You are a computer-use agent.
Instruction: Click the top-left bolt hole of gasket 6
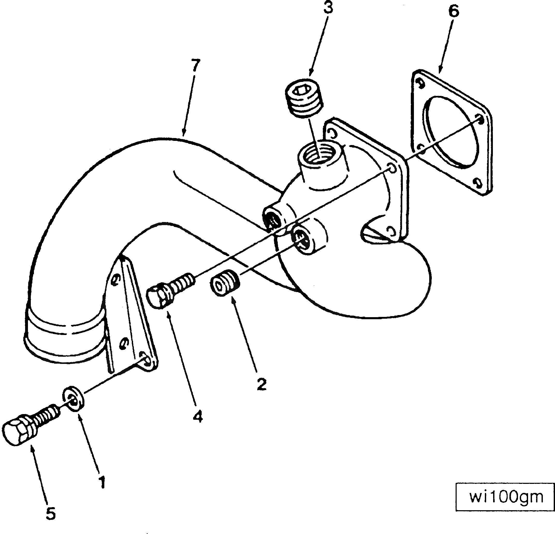tap(421, 84)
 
